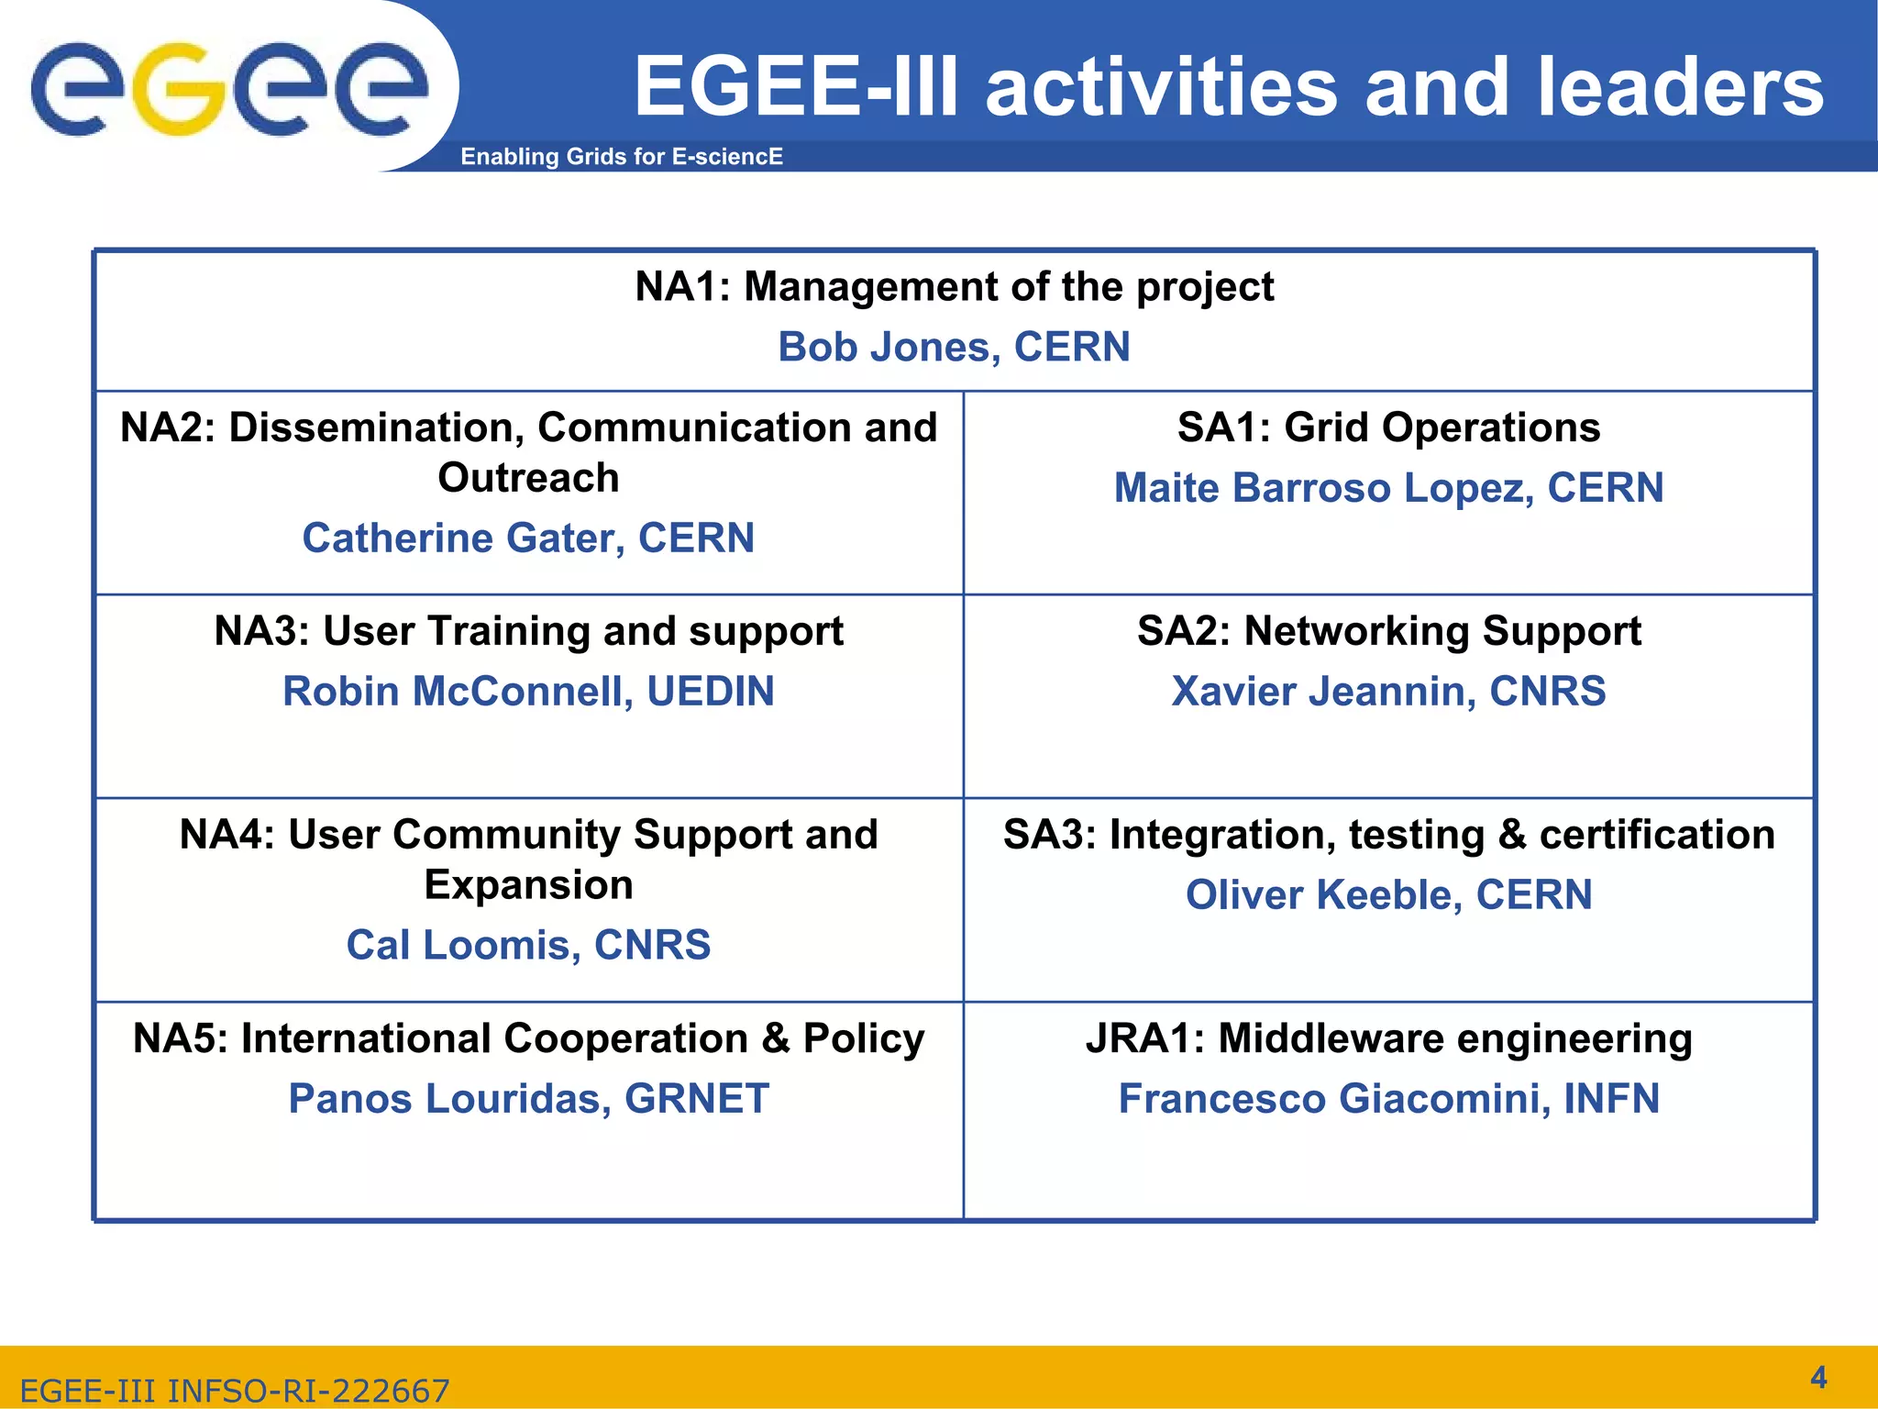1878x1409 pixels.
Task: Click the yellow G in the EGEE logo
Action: point(180,90)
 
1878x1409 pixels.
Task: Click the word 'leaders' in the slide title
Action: point(1680,88)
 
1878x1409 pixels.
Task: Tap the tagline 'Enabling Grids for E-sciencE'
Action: point(621,157)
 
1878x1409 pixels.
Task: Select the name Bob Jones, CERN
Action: point(954,348)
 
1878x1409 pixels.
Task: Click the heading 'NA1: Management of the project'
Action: point(954,287)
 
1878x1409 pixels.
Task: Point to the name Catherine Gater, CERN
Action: point(528,538)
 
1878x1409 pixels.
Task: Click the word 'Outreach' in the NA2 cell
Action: point(528,478)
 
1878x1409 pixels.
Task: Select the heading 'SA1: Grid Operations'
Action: point(1388,428)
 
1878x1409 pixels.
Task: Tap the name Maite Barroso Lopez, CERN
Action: point(1388,488)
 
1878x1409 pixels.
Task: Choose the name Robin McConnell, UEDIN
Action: point(528,692)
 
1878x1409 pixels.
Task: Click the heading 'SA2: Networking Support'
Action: point(1388,632)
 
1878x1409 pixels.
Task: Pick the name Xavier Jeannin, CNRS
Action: point(1388,692)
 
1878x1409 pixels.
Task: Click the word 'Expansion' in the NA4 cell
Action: point(528,885)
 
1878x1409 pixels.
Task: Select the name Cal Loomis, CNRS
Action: point(528,946)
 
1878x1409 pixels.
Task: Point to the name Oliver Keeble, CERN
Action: point(1388,895)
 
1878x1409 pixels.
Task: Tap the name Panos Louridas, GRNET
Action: point(528,1099)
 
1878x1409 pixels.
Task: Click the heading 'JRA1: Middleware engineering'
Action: point(1388,1039)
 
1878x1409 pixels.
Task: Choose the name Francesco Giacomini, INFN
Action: point(1388,1099)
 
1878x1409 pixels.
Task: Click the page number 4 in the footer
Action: point(1818,1377)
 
